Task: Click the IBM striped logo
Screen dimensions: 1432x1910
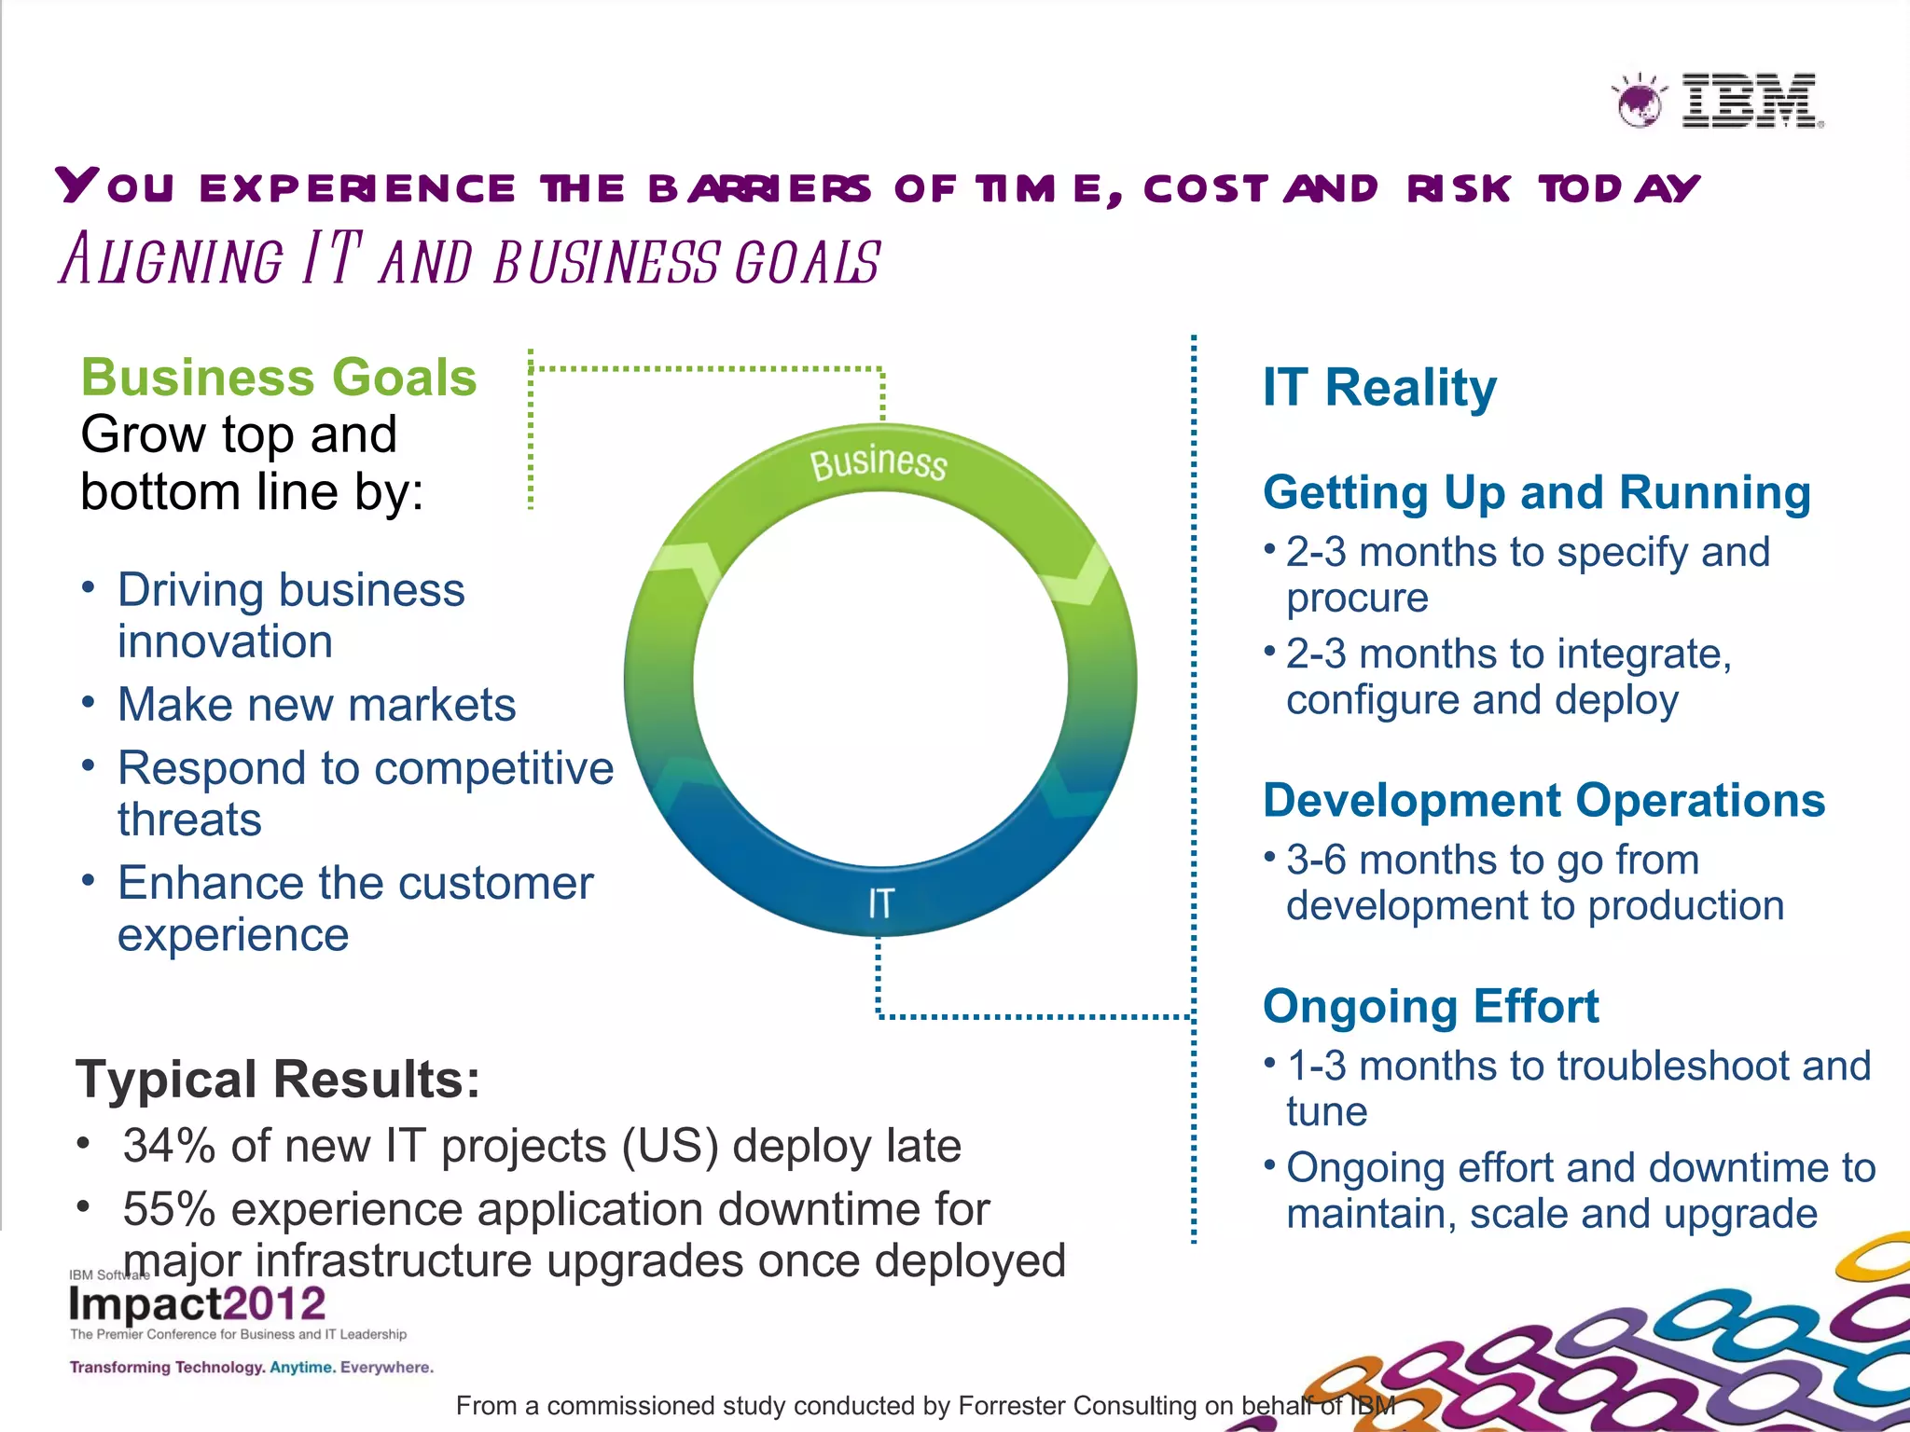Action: tap(1751, 101)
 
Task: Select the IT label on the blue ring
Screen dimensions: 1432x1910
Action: tap(880, 903)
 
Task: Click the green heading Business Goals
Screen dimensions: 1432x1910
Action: tap(279, 378)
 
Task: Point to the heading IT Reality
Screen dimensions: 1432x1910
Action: tap(1379, 388)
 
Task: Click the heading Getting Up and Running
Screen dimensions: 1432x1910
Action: tap(1536, 492)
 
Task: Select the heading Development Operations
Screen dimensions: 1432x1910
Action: tap(1543, 800)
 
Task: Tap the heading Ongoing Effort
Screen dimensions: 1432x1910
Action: tap(1431, 1006)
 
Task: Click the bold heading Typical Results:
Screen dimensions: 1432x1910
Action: tap(277, 1080)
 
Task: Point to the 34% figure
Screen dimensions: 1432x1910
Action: tap(170, 1146)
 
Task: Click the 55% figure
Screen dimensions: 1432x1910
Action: tap(170, 1209)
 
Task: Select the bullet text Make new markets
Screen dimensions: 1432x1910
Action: tap(316, 705)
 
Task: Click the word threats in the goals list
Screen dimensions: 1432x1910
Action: tap(189, 820)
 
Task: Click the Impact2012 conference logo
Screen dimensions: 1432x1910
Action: tap(198, 1304)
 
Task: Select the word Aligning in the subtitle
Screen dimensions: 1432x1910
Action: tap(172, 260)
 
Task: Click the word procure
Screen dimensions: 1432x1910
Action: tap(1357, 599)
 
